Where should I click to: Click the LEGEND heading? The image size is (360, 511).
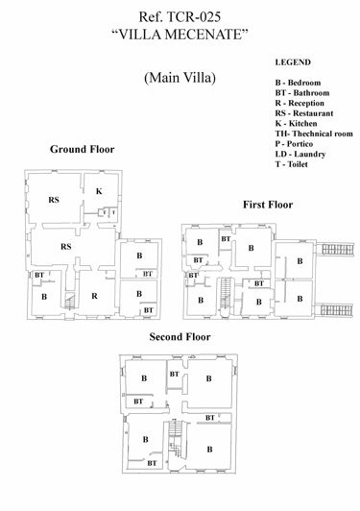(x=293, y=61)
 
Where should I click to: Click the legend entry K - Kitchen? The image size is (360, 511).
(x=299, y=123)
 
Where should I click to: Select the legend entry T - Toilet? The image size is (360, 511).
(x=297, y=163)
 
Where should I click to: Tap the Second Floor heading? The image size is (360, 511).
(x=180, y=337)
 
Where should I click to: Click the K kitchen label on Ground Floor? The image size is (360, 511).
(x=99, y=191)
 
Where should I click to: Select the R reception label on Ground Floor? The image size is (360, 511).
(x=94, y=296)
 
